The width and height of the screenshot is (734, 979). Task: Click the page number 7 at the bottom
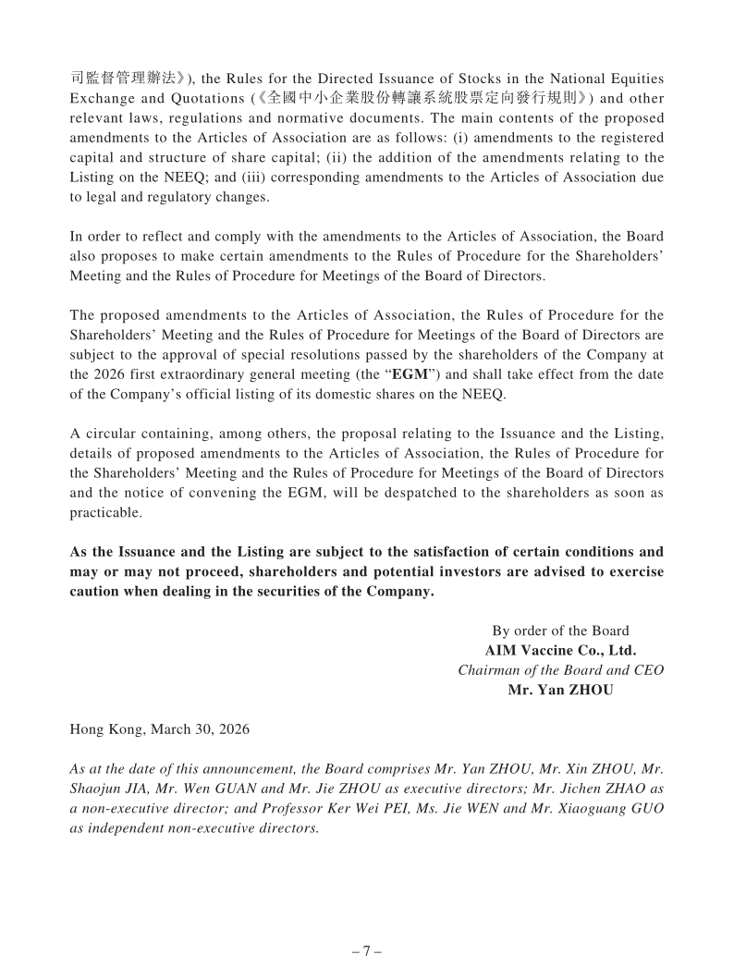367,951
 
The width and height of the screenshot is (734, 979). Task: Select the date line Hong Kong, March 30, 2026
159,728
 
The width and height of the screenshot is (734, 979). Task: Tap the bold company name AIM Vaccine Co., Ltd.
560,651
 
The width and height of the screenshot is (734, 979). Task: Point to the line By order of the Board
560,631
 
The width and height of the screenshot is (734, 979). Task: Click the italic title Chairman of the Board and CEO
560,670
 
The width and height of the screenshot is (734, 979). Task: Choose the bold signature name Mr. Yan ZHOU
560,690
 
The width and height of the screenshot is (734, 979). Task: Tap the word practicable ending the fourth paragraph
105,511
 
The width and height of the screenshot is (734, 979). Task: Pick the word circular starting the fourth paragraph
112,434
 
